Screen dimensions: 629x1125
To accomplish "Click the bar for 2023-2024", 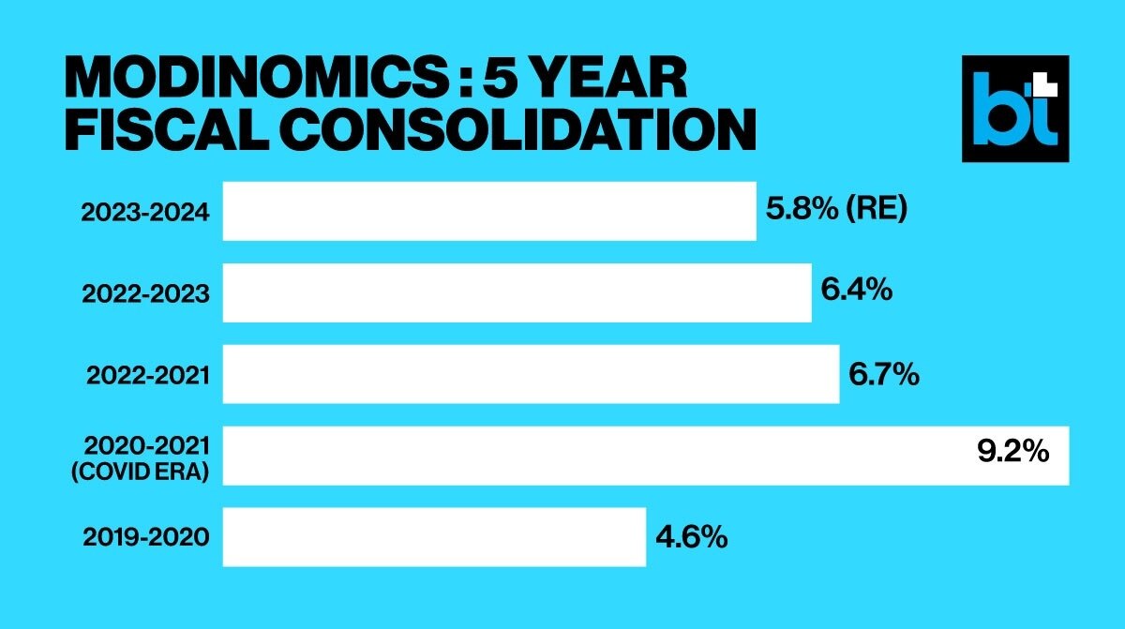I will (488, 211).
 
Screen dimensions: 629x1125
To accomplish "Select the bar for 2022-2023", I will (517, 292).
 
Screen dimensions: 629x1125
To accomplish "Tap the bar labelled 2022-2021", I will (531, 374).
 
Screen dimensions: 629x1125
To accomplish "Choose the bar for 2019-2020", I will (434, 537).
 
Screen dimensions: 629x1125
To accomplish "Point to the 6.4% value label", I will (856, 292).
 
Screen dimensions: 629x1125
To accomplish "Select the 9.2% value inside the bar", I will (1012, 455).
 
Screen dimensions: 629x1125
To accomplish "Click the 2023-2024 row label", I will (144, 212).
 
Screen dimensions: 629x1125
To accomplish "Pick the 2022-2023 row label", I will (144, 293).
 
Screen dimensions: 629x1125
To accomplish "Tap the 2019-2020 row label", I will (144, 538).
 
